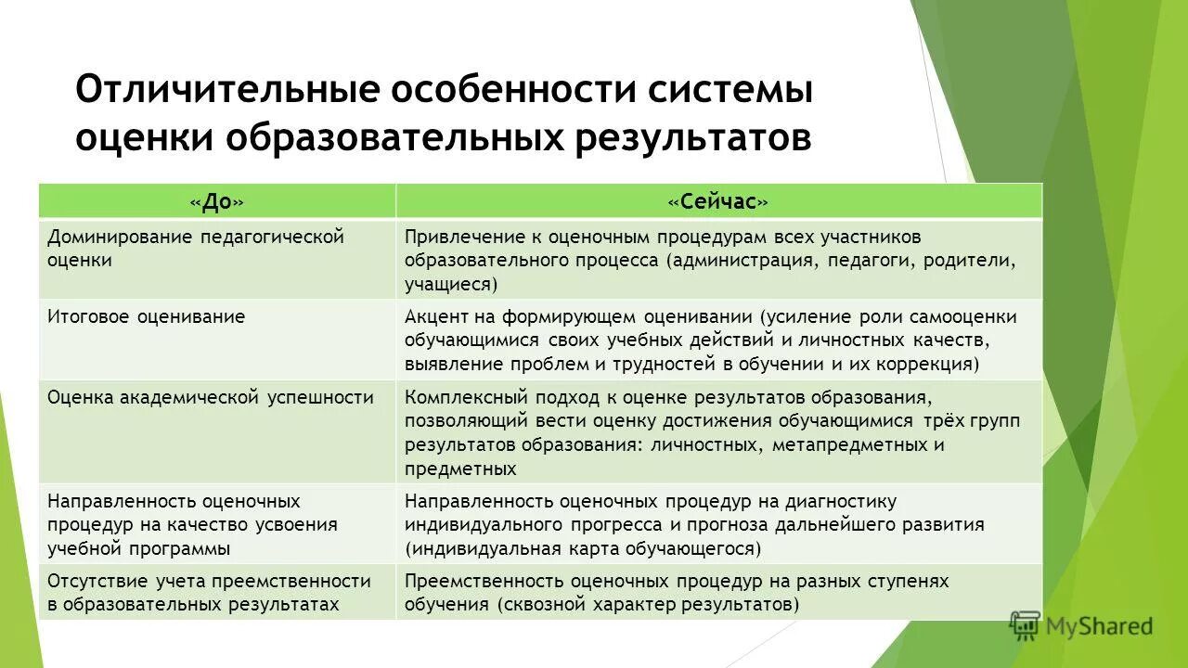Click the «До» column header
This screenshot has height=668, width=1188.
click(x=217, y=201)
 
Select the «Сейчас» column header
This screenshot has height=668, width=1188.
click(x=718, y=201)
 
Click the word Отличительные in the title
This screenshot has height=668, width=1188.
click(x=226, y=91)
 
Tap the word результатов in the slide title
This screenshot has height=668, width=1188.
click(x=693, y=137)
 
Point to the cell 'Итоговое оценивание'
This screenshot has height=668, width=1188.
click(x=147, y=316)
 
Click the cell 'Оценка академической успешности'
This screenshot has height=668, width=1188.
click(x=211, y=397)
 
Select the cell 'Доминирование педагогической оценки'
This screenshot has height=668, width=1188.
click(x=196, y=248)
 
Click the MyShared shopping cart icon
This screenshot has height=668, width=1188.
click(x=1025, y=625)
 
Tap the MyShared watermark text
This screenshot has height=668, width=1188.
click(x=1099, y=627)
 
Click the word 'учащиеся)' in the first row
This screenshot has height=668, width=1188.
click(x=451, y=285)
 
